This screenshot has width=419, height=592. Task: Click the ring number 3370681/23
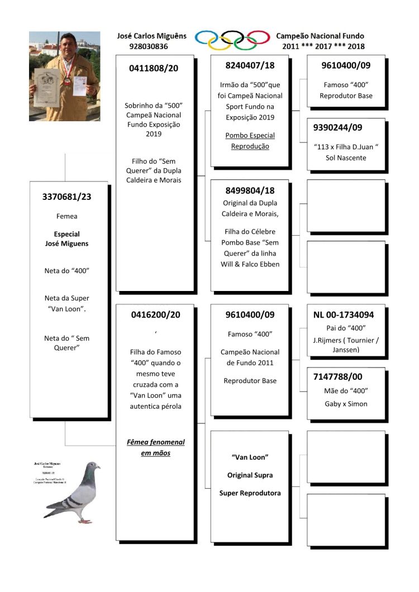[68, 196]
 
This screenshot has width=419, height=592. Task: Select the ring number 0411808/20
[154, 69]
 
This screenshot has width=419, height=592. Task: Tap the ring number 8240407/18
[250, 65]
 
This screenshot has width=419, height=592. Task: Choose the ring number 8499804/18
[250, 190]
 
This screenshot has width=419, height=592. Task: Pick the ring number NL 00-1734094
[344, 314]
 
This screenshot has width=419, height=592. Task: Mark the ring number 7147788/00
[339, 377]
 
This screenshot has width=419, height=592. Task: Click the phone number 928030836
[148, 46]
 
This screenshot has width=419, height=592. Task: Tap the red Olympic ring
[258, 38]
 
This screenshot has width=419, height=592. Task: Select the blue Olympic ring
[207, 38]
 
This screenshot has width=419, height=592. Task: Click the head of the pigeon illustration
[92, 466]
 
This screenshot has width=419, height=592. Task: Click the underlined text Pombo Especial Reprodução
[250, 141]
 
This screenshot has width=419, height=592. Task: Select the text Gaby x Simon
[346, 403]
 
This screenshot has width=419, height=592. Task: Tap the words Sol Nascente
[346, 158]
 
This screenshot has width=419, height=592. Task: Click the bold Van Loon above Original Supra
[250, 457]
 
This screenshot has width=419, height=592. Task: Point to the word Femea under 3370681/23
[67, 216]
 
